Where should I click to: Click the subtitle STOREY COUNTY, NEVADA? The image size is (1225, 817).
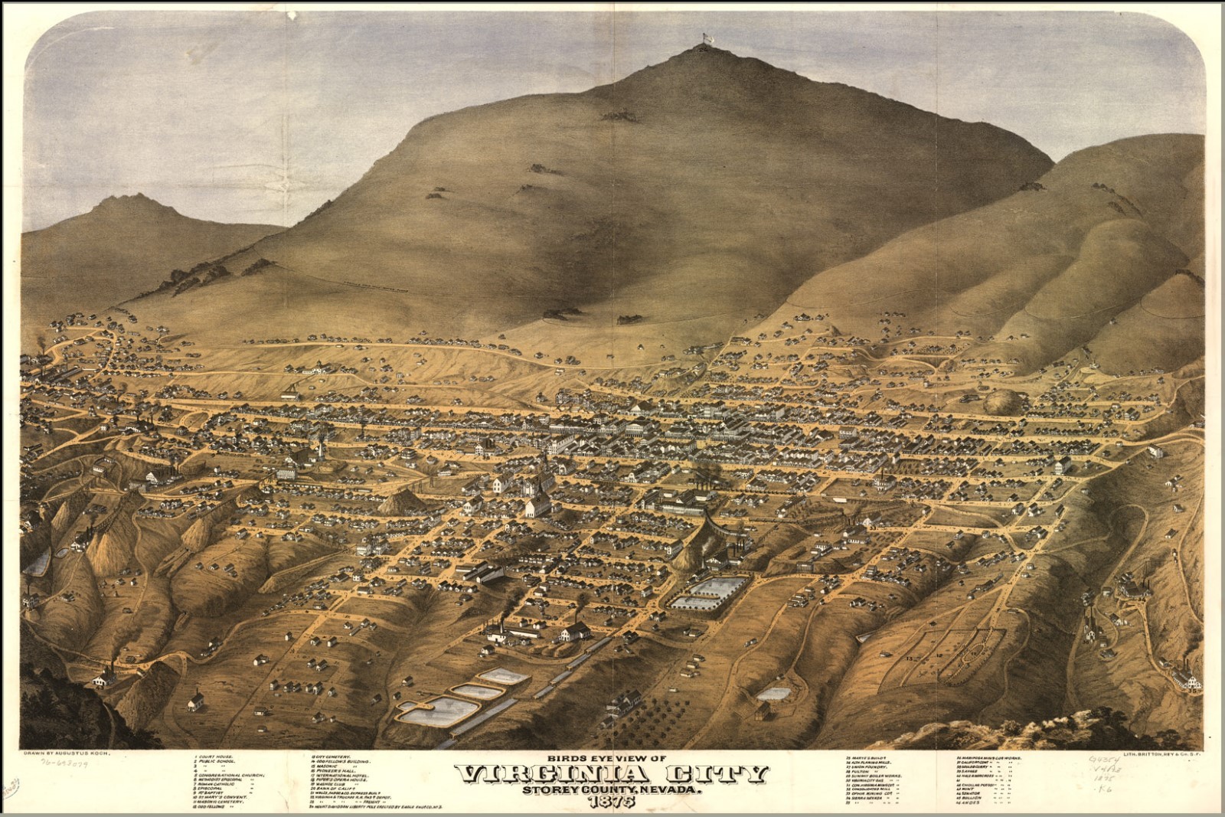612,789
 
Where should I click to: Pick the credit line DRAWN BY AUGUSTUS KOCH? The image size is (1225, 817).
68,753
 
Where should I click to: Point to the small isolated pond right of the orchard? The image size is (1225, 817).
773,694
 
